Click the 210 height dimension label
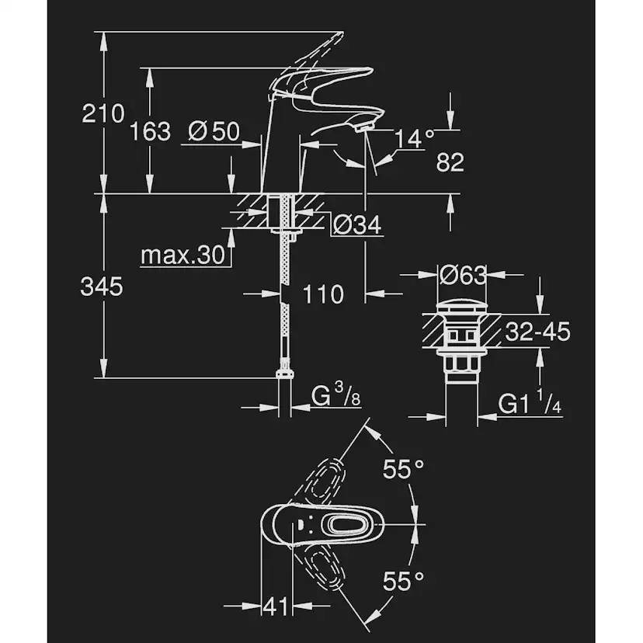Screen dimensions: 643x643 click(x=103, y=114)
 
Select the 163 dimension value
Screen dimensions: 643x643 click(x=149, y=131)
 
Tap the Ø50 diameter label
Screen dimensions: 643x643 click(x=214, y=132)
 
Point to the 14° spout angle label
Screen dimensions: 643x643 click(x=415, y=139)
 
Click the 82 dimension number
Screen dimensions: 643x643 click(x=450, y=162)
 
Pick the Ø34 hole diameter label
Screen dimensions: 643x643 click(x=357, y=225)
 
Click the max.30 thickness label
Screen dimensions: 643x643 click(x=182, y=255)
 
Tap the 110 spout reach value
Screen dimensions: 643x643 click(x=322, y=294)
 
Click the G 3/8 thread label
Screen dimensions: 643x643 click(x=336, y=398)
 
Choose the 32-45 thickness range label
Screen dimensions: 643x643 click(x=537, y=332)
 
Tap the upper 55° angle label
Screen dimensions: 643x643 click(x=405, y=468)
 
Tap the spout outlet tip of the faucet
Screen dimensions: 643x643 click(x=365, y=126)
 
